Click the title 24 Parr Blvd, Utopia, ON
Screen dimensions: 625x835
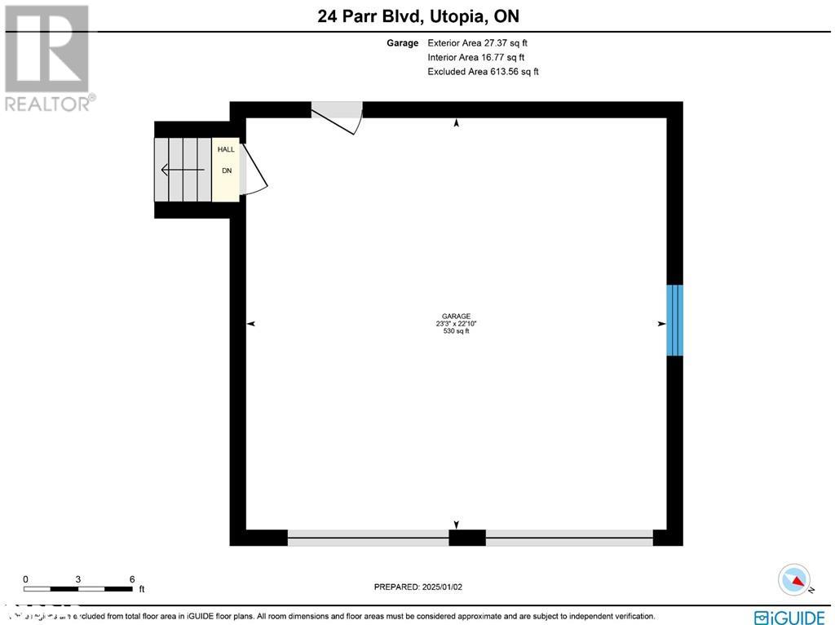(x=418, y=16)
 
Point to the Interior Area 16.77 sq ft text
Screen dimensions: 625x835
(x=476, y=57)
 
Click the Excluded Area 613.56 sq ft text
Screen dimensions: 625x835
(x=483, y=72)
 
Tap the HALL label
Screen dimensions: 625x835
(x=226, y=149)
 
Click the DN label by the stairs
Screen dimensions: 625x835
(x=227, y=171)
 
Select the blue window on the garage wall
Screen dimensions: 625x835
(x=674, y=320)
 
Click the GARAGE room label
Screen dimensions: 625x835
(x=456, y=317)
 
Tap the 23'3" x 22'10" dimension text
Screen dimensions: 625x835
(x=456, y=324)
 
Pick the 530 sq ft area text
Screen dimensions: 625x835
(x=456, y=331)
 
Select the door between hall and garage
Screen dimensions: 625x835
(x=254, y=171)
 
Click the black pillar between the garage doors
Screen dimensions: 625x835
(x=467, y=538)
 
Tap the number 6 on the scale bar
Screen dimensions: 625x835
(x=132, y=579)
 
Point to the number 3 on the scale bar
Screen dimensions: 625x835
(x=78, y=579)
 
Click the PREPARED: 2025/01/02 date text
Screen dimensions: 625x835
(x=418, y=587)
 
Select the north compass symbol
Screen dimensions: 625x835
(x=793, y=579)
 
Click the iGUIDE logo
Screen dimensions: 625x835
(x=790, y=616)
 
